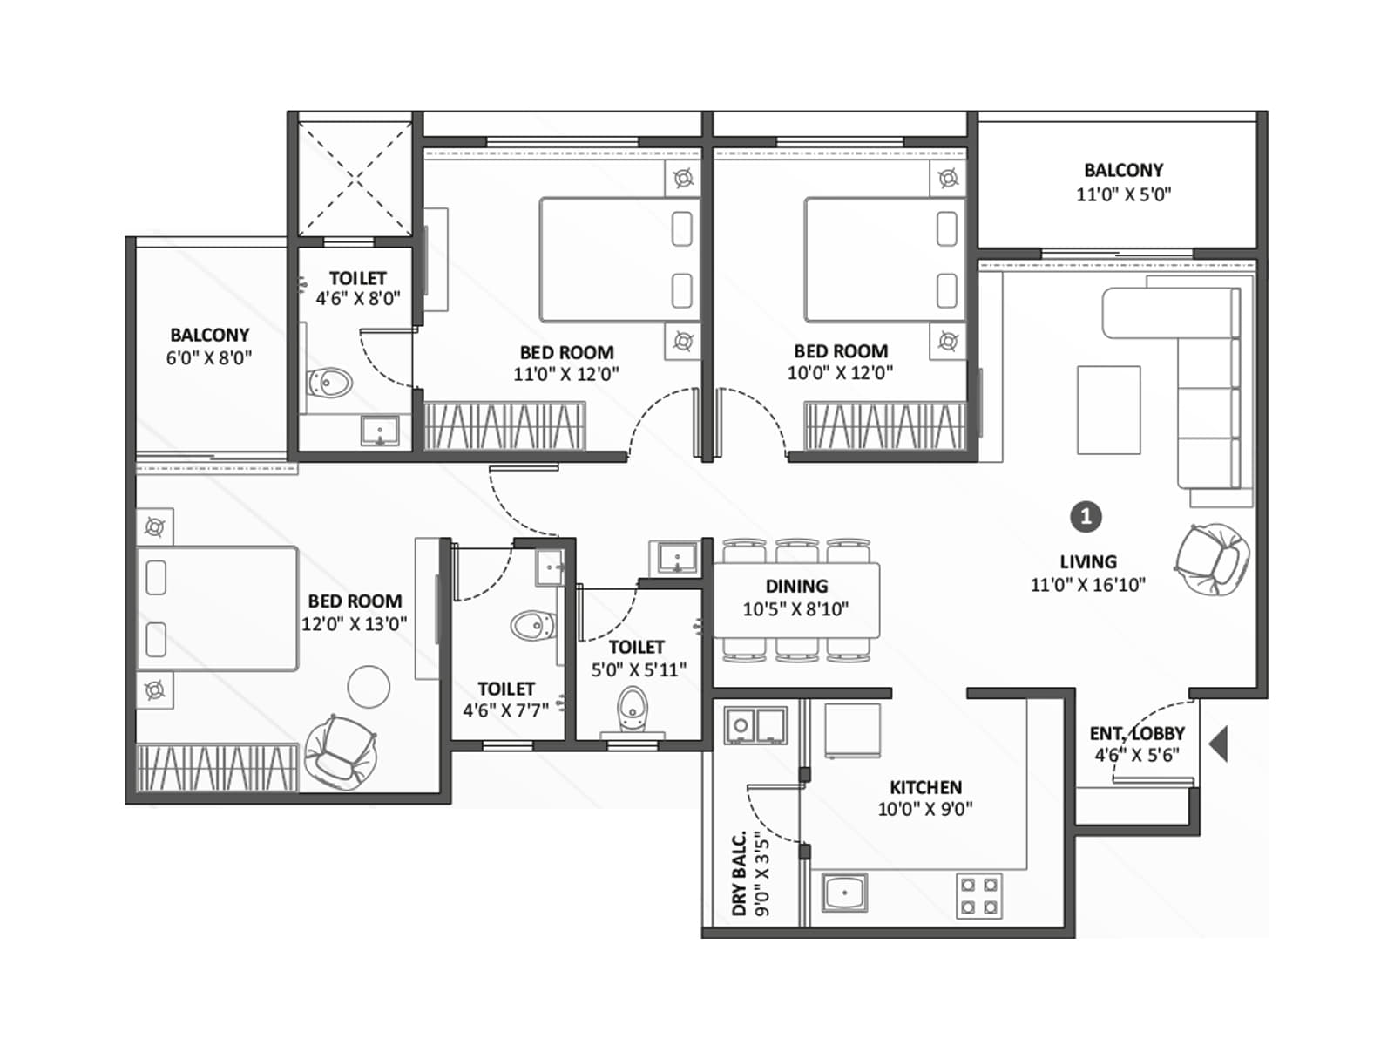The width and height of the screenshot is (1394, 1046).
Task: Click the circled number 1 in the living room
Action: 1086,517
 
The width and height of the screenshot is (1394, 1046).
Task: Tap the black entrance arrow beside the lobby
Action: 1220,744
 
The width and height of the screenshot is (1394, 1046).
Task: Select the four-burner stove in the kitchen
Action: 979,896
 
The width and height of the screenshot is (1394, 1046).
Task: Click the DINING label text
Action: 796,587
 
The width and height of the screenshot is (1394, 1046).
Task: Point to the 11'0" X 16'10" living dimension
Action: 1087,585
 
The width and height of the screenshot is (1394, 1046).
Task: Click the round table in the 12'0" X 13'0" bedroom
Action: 369,687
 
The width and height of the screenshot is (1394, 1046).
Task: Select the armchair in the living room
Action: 1212,559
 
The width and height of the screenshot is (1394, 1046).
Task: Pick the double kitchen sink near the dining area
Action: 755,724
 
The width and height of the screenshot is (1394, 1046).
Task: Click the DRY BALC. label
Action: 739,873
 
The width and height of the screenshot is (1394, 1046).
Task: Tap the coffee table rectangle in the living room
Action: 1108,410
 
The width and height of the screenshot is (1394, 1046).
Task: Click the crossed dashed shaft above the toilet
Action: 355,179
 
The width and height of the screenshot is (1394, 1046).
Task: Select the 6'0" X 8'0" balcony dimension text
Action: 209,357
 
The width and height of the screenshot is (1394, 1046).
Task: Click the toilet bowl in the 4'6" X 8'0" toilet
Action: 330,382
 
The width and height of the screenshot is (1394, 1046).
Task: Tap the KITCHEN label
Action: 925,787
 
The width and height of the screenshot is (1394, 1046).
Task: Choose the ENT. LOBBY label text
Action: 1136,734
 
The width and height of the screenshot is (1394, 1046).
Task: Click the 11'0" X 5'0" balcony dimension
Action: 1123,194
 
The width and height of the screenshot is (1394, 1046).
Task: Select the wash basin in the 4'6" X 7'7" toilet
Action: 550,567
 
